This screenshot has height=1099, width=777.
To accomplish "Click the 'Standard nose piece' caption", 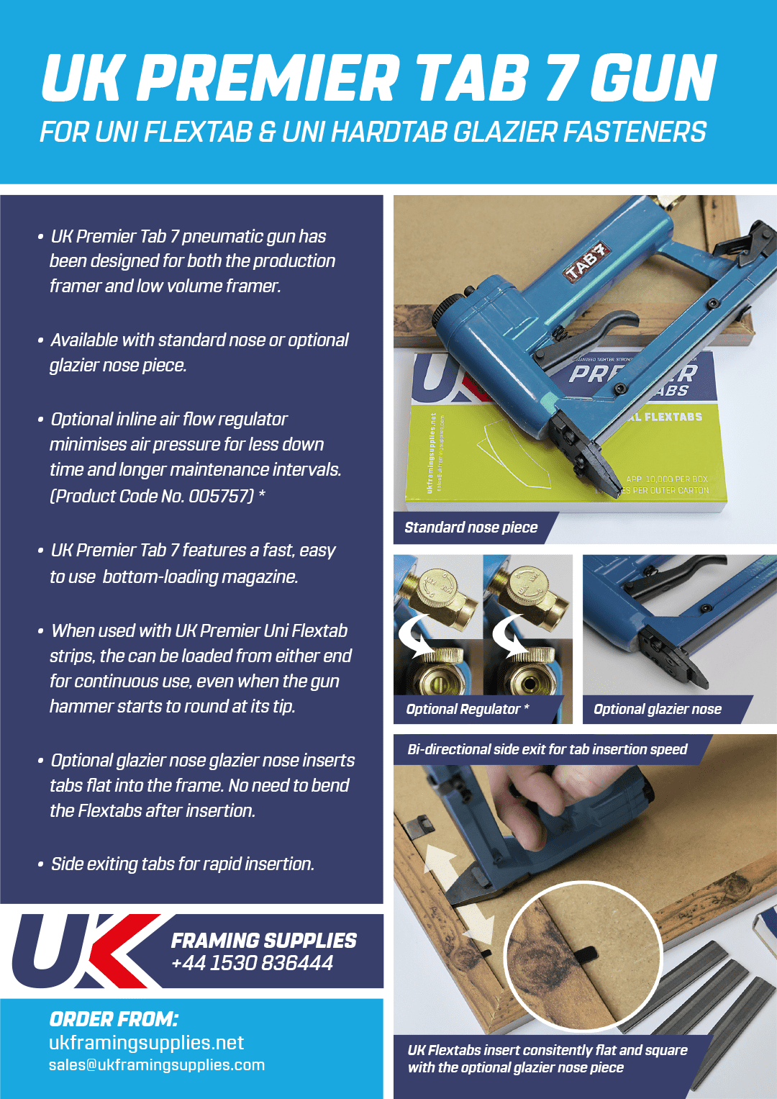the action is coord(471,528).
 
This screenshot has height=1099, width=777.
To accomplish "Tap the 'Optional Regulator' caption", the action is coord(463,709).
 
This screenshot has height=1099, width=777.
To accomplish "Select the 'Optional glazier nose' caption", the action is coord(658,709).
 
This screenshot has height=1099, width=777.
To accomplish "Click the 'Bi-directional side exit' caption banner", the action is coord(547,749).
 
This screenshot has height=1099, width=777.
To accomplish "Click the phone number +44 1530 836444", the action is coord(252,962).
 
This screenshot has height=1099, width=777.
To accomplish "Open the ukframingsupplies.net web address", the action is coord(146,1042).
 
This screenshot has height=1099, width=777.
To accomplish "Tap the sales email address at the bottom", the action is coord(157,1065).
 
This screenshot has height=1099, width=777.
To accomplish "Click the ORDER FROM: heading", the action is coord(114,1019).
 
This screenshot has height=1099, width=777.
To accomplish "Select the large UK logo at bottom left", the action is coord(86,950).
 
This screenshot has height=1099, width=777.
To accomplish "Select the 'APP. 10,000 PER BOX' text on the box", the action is coord(667,479).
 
